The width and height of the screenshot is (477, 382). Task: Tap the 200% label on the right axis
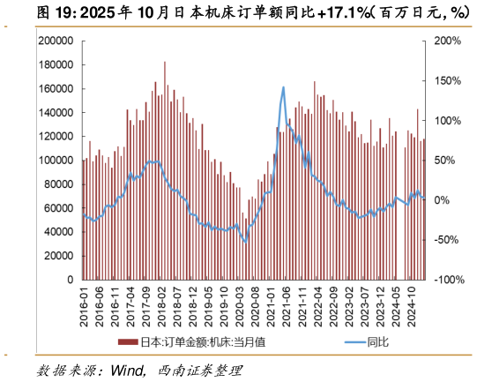click(x=446, y=41)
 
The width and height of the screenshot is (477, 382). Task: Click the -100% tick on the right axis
click(x=444, y=280)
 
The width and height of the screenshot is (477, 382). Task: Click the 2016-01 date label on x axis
click(x=85, y=306)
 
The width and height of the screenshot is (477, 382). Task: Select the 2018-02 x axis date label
click(x=164, y=306)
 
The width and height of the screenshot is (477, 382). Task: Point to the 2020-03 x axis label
click(x=242, y=306)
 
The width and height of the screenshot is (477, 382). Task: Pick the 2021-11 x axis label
click(x=305, y=306)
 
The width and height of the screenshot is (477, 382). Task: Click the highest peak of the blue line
click(x=283, y=87)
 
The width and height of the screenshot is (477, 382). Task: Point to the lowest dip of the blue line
click(x=246, y=242)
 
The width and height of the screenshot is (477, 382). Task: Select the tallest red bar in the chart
click(x=164, y=62)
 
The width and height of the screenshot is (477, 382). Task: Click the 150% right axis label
click(x=446, y=81)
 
